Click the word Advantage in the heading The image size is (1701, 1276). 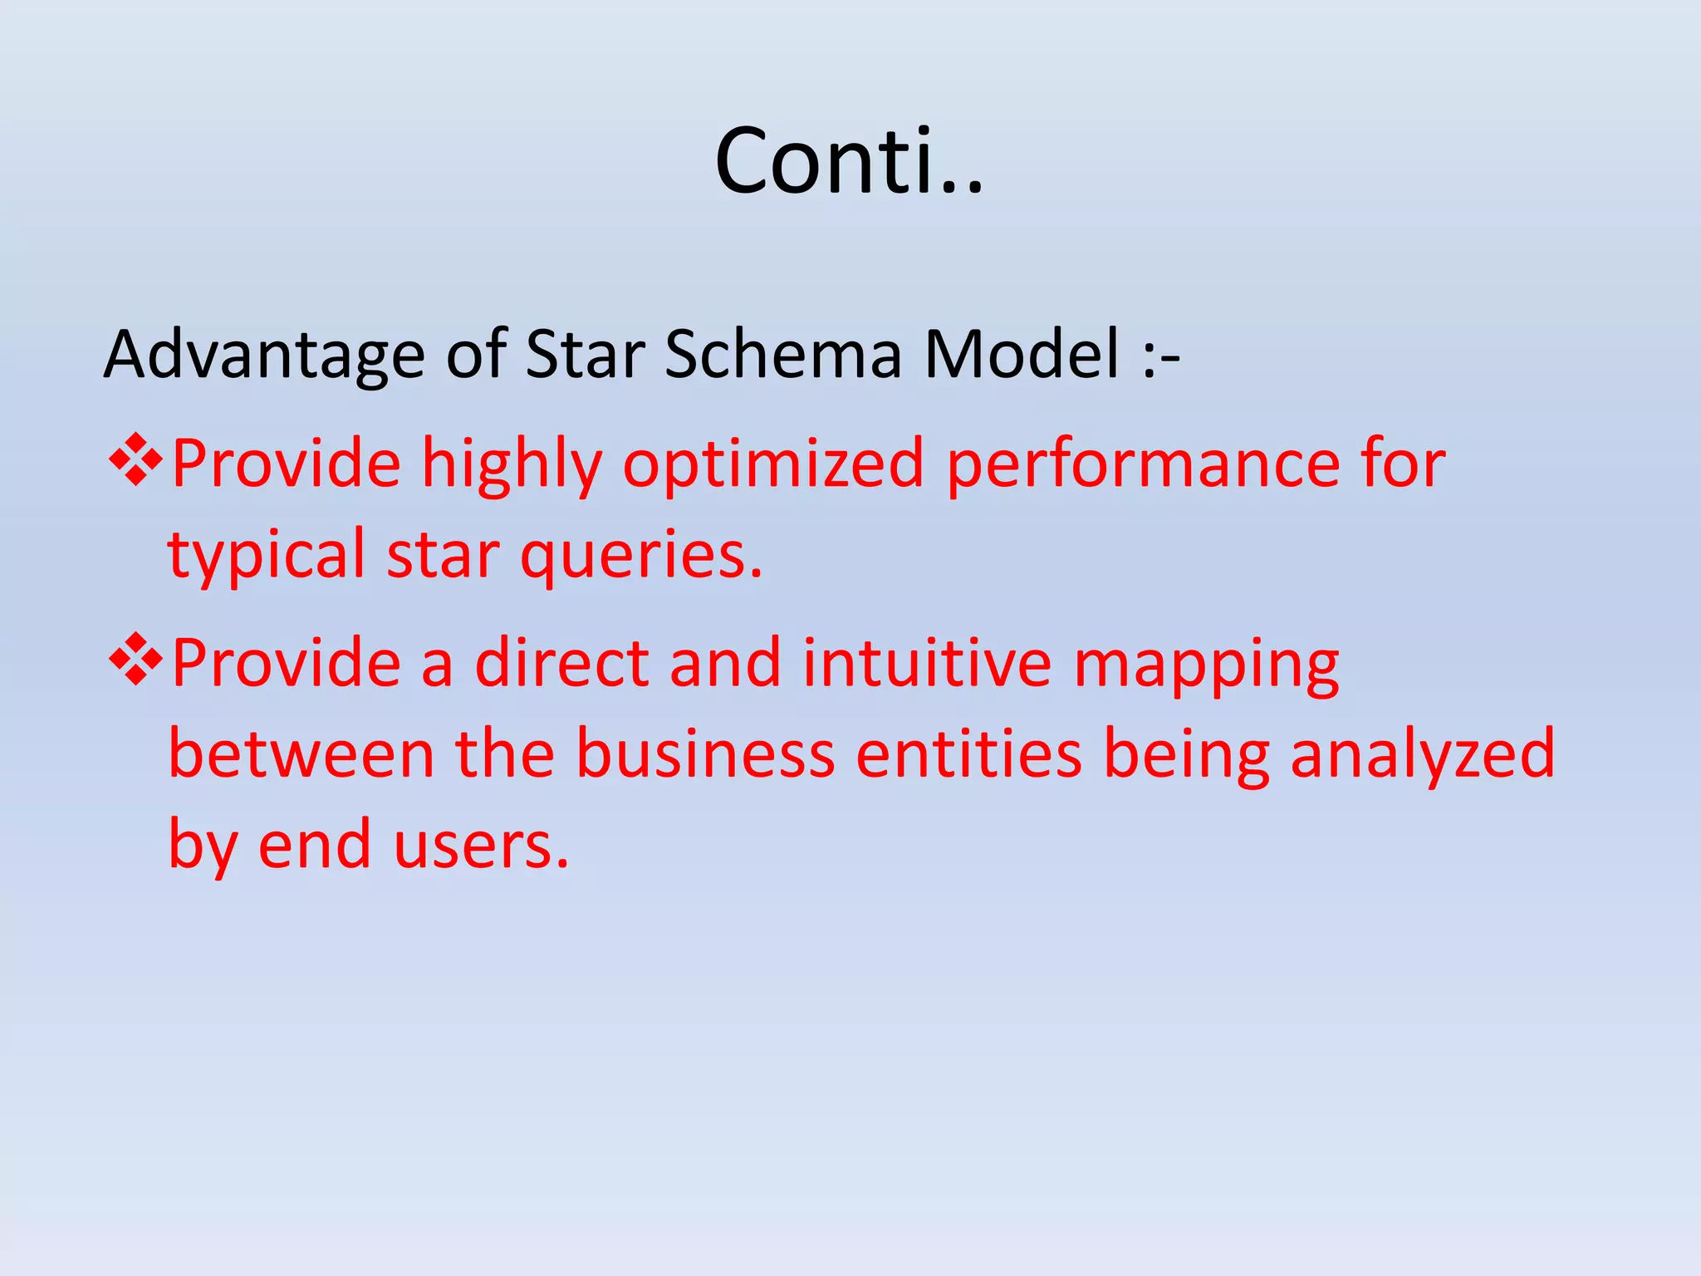(263, 355)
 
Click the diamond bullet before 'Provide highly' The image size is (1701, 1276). (135, 459)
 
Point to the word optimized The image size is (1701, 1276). (772, 465)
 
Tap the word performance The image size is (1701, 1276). (1143, 465)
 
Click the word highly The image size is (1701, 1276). (512, 465)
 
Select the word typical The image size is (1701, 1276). (266, 557)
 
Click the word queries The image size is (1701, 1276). (640, 557)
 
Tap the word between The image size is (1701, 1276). (301, 753)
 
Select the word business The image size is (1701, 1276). (705, 753)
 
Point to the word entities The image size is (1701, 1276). (968, 753)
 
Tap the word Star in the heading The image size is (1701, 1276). (586, 355)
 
